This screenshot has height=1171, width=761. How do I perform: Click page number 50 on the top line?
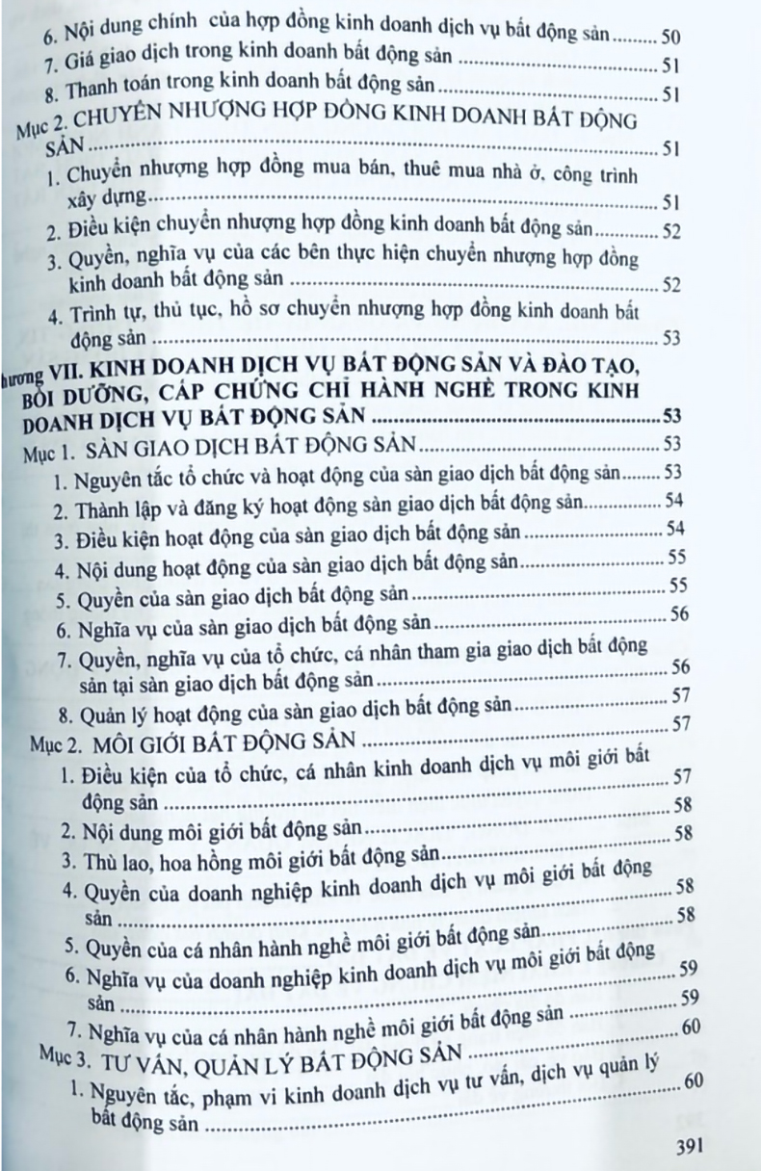click(672, 38)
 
